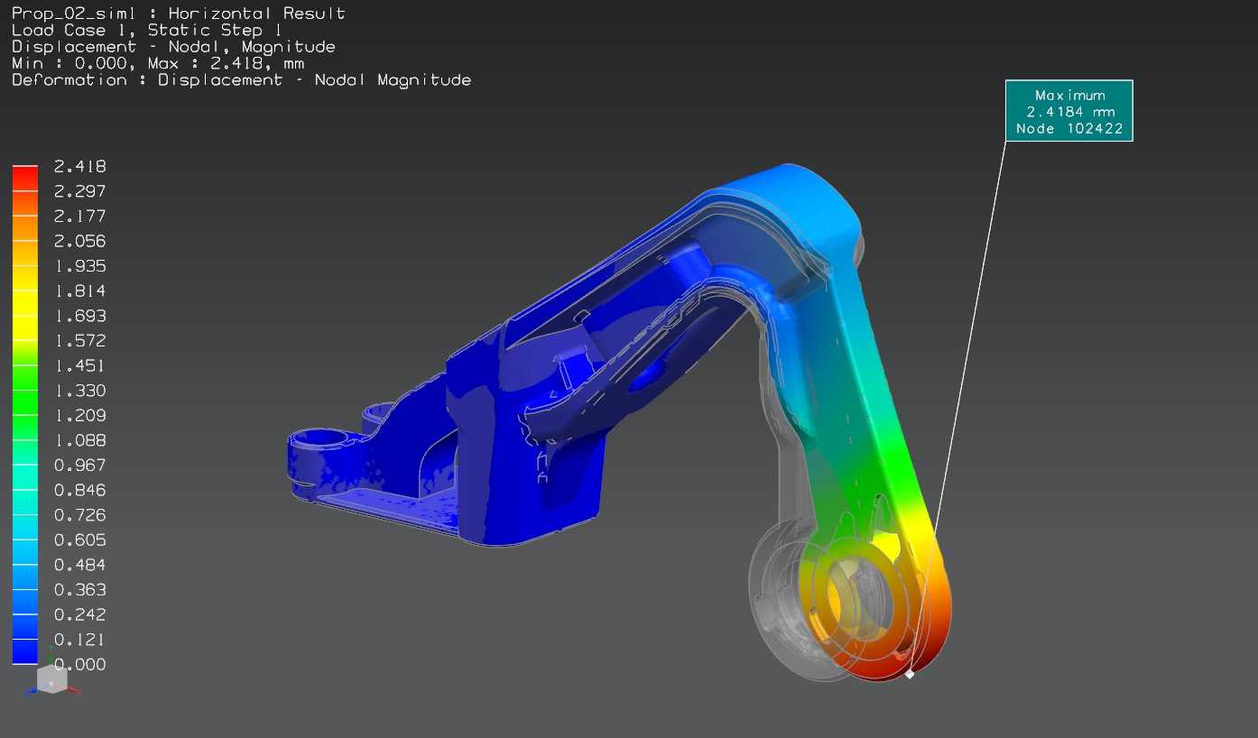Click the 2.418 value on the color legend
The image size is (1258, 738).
pyautogui.click(x=79, y=166)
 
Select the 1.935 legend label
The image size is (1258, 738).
pyautogui.click(x=79, y=265)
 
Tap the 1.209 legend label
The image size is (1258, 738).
pyautogui.click(x=79, y=415)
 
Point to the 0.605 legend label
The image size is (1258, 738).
pyautogui.click(x=79, y=540)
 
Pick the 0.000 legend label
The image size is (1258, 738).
pyautogui.click(x=79, y=664)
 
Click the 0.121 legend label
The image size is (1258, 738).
pyautogui.click(x=79, y=639)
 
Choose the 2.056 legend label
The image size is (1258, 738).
pyautogui.click(x=79, y=241)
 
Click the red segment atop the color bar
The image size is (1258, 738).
pyautogui.click(x=25, y=178)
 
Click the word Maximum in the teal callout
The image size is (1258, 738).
pyautogui.click(x=1070, y=96)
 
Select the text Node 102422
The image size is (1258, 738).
pyautogui.click(x=1069, y=129)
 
